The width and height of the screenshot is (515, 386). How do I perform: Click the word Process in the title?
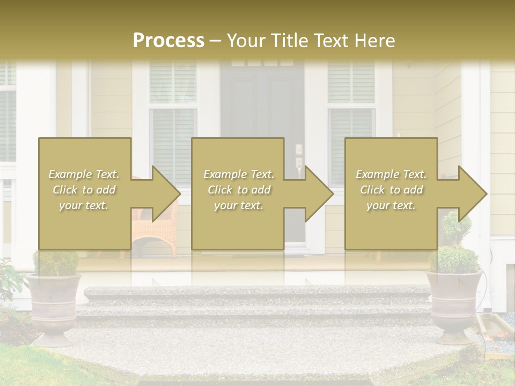[168, 41]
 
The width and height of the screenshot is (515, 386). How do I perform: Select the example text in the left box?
[84, 190]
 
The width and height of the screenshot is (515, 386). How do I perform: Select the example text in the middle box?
[238, 190]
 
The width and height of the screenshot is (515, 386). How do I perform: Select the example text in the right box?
[391, 190]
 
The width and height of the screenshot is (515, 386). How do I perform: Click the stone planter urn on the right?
[454, 306]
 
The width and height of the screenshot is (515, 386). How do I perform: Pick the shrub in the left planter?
[56, 263]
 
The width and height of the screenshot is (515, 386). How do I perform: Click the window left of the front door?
[173, 107]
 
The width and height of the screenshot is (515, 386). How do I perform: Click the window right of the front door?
[351, 107]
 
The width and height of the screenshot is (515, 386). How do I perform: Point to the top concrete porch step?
[257, 292]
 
